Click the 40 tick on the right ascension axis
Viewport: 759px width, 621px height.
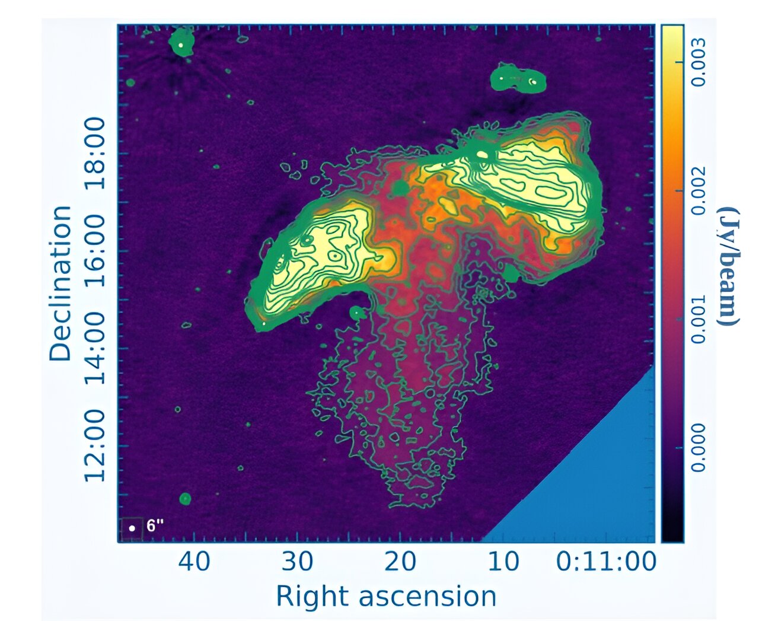194,561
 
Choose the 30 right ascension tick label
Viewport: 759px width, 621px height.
298,561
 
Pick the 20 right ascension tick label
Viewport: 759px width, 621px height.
400,561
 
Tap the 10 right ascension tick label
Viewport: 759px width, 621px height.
503,561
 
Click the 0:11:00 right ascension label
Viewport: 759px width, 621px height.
605,561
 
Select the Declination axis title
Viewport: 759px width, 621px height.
60,284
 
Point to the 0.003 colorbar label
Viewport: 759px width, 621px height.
700,62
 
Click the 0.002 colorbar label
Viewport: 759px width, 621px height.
700,190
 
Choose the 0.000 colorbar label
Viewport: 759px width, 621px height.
700,447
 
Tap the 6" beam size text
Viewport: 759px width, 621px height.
155,526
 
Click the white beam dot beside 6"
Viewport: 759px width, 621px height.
132,528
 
